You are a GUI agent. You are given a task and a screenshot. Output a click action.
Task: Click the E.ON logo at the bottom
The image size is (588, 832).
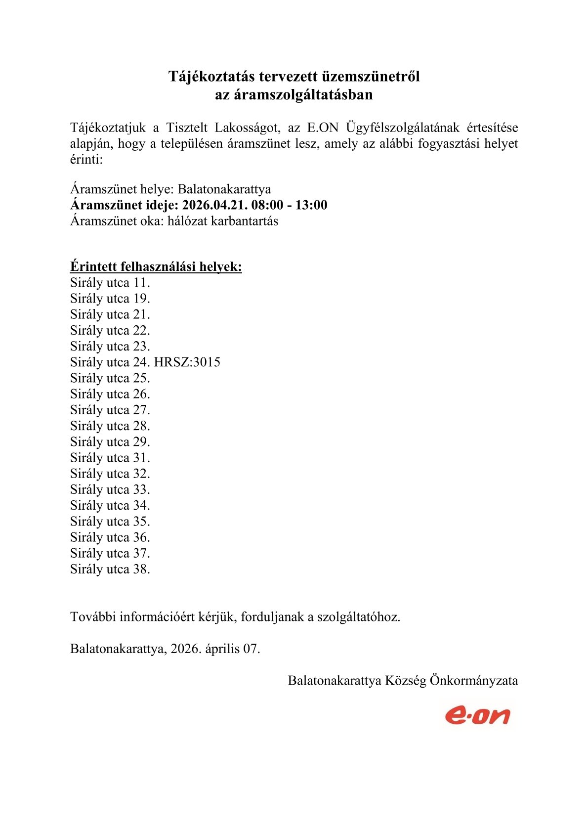[477, 715]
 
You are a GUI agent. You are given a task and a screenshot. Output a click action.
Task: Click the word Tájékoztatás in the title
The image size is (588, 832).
[211, 77]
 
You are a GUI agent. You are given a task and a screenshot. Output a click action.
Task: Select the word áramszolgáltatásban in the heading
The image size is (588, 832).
[294, 94]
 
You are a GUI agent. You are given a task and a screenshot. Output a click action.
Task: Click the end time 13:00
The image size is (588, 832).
[311, 205]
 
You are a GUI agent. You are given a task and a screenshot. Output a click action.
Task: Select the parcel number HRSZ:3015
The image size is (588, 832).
[187, 362]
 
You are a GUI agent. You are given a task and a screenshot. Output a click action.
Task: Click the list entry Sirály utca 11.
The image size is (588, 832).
[110, 283]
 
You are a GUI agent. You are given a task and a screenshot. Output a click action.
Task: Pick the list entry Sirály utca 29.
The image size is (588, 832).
[110, 442]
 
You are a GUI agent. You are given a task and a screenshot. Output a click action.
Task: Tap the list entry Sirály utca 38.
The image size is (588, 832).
[110, 569]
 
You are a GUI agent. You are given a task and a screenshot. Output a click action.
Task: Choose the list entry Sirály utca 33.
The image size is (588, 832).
[110, 490]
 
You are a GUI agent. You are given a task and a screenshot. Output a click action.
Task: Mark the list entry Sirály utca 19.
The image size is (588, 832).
[110, 299]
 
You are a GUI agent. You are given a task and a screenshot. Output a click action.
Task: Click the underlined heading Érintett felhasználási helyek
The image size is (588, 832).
[156, 267]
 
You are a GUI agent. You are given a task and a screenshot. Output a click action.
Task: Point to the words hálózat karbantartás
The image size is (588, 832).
[223, 221]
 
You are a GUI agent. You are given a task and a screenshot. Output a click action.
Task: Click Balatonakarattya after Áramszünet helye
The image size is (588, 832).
[224, 189]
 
